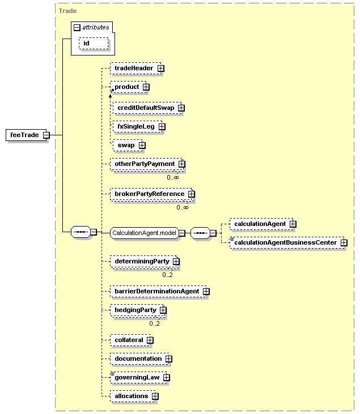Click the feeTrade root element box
pos(26,135)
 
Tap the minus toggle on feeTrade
pos(46,135)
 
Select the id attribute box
pos(94,43)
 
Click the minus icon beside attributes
pos(77,27)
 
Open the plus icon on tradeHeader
pos(160,69)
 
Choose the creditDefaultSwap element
pos(147,108)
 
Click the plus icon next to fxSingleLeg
pos(162,127)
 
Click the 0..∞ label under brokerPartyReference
pos(183,207)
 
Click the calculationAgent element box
pos(262,224)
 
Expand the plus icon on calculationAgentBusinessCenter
pos(344,242)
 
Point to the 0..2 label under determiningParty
pos(168,275)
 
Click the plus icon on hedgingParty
pos(163,310)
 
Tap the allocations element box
pos(133,396)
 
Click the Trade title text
pos(67,11)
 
